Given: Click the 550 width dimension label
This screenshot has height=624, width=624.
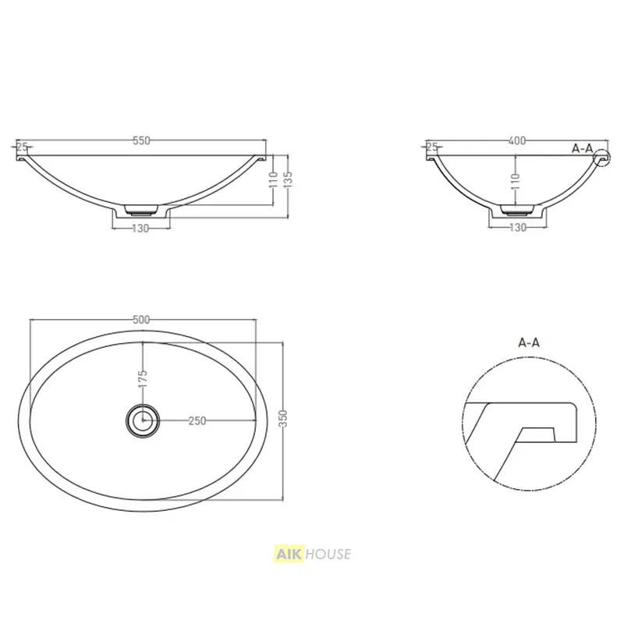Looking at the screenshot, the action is tap(141, 140).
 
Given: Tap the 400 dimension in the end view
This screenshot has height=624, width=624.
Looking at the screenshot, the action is tap(517, 140).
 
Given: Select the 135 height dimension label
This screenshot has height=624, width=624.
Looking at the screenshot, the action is tap(289, 179).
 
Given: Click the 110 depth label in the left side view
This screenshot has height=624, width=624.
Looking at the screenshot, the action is tap(273, 180).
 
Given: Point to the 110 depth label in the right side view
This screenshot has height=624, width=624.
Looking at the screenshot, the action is tap(516, 182).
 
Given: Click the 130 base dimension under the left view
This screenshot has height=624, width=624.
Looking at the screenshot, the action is tap(140, 229).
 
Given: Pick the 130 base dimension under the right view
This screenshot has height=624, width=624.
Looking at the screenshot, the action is tap(518, 228).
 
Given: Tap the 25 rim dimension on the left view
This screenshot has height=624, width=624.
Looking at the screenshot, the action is tap(23, 147).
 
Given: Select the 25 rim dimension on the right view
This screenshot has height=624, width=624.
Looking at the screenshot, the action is tap(432, 147).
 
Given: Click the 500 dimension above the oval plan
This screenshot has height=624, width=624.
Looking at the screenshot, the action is tap(141, 320).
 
